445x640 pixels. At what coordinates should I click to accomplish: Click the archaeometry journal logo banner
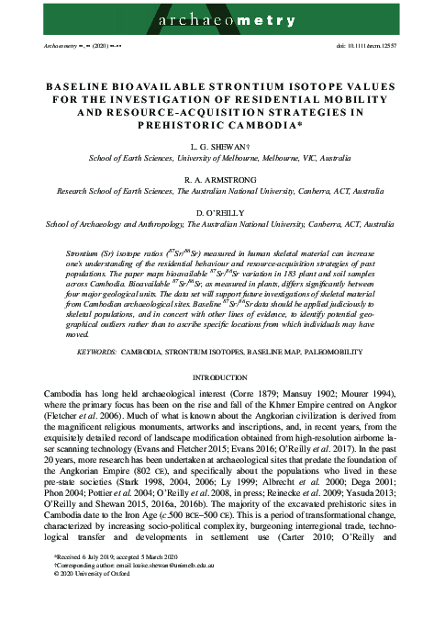point(222,17)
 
